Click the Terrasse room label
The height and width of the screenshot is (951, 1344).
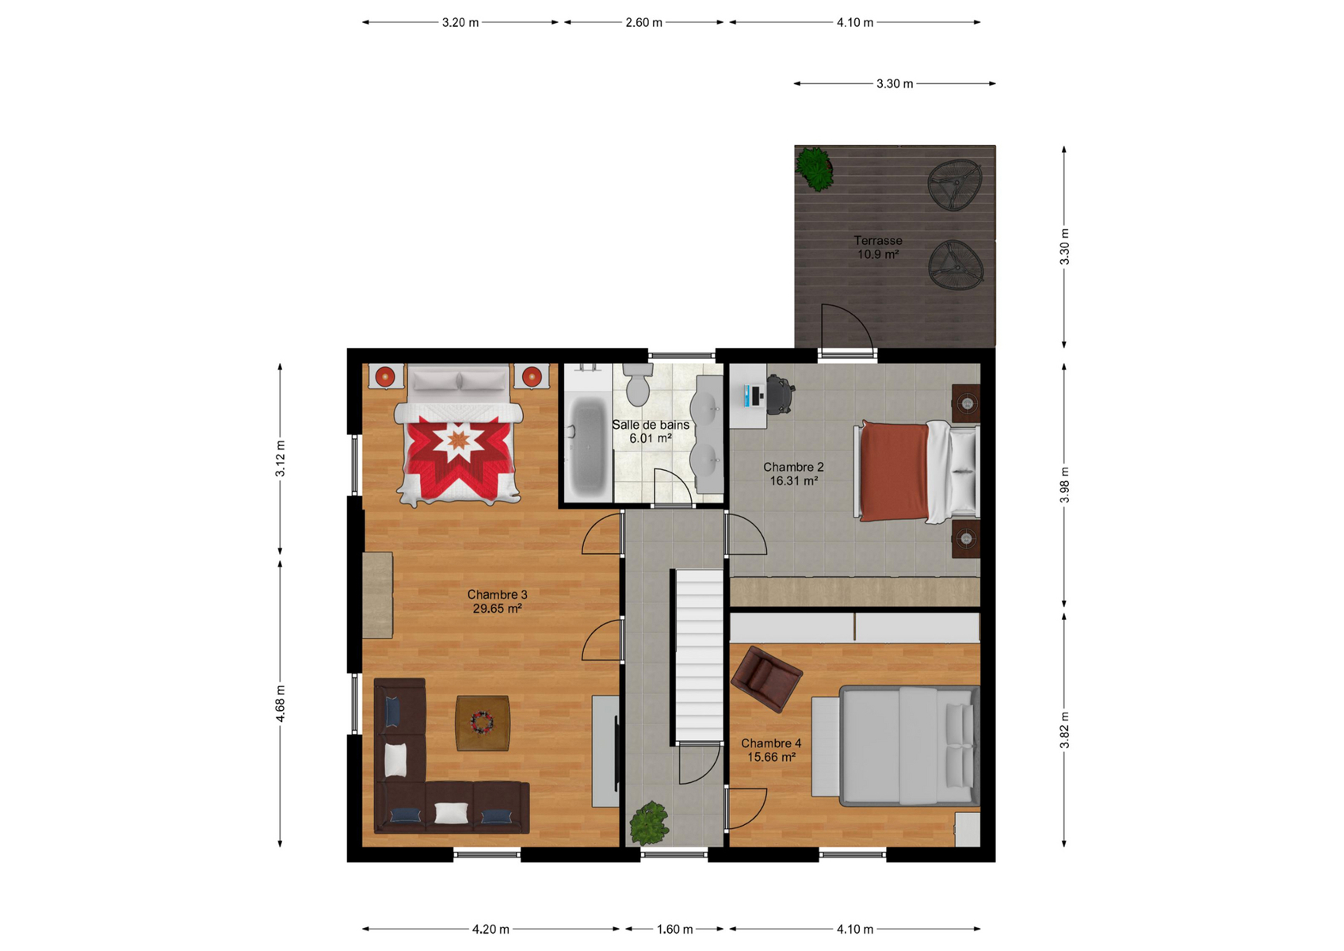(x=878, y=241)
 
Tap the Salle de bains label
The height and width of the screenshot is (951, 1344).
(x=651, y=425)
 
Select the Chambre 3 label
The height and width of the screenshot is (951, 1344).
(x=497, y=594)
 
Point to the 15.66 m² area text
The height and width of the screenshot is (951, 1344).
(x=771, y=757)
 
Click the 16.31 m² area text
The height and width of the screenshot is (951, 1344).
(x=794, y=480)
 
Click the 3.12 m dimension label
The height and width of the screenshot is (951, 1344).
(x=281, y=458)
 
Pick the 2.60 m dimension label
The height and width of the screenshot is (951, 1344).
(x=643, y=23)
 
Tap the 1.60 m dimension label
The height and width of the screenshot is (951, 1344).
(x=674, y=930)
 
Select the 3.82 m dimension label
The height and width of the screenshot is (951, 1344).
(x=1064, y=730)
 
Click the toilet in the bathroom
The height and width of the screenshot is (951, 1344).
(x=638, y=384)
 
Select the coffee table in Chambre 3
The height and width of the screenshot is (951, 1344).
(x=483, y=723)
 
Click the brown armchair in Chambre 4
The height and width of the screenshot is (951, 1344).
(x=766, y=678)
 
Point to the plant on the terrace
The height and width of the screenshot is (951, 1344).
(x=815, y=168)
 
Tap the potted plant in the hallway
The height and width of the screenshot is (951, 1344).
(x=648, y=823)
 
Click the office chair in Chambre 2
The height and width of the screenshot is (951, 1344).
(x=781, y=394)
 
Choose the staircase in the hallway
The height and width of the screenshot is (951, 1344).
(x=699, y=656)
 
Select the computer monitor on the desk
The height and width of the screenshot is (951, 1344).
(x=747, y=396)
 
